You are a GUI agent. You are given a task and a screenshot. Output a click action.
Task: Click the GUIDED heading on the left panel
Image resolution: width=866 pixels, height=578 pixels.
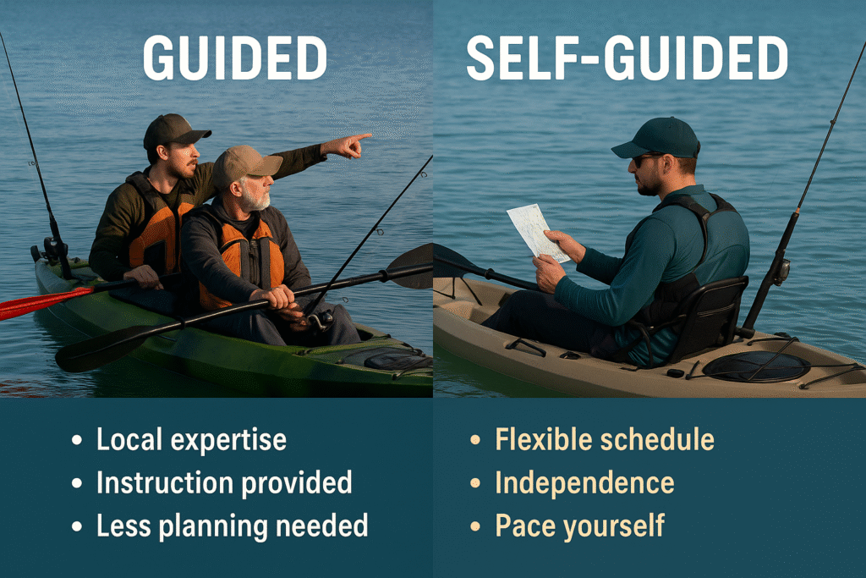[235, 58]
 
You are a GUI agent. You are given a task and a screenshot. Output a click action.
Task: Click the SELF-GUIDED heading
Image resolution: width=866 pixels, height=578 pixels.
[627, 58]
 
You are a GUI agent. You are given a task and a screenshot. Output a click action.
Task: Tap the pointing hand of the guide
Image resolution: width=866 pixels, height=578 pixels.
[347, 146]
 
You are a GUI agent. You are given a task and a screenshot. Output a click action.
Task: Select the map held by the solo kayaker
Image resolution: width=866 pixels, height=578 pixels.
[537, 233]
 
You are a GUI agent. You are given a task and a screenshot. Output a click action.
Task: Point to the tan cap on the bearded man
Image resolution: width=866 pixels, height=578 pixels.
[245, 164]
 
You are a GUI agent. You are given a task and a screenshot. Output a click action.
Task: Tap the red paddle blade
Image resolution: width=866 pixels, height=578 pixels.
[44, 302]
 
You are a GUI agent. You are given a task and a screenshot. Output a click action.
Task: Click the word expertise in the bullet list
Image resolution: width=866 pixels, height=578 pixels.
[228, 440]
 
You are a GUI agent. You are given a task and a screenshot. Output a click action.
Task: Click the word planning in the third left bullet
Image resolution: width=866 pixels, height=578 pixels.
[214, 526]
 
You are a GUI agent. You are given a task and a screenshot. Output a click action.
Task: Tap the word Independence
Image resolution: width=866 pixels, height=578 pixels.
[584, 483]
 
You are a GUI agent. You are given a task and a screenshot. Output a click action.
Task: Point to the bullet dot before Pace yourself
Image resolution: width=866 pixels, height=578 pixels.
[474, 526]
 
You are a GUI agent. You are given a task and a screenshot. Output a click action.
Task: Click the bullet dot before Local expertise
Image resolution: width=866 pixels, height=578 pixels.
[77, 440]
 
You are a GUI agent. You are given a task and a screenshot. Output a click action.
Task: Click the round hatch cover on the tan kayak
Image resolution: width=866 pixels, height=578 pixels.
[756, 366]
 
